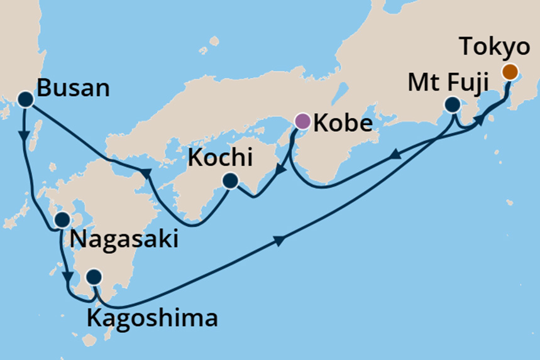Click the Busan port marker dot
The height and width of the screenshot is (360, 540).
point(25,99)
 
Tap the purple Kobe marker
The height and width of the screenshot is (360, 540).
point(302,120)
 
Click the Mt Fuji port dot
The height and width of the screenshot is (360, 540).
point(451,104)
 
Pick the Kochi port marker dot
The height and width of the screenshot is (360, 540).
point(229,182)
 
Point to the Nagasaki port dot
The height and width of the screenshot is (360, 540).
point(62,220)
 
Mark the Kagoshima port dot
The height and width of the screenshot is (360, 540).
point(93,276)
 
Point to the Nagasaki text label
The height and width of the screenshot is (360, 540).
point(124,239)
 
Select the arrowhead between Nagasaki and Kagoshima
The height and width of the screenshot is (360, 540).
point(67,276)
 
